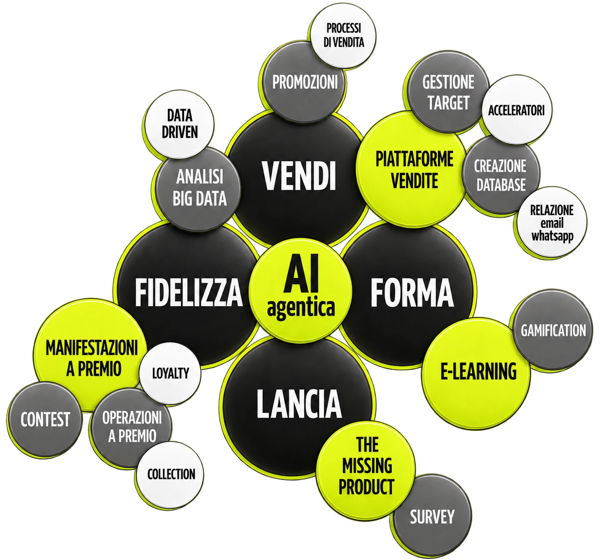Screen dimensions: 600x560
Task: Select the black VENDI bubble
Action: click(298, 179)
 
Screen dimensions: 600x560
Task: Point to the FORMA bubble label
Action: click(412, 292)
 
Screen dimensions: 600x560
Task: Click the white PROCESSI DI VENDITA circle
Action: click(344, 36)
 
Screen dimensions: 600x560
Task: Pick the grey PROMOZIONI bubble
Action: click(304, 82)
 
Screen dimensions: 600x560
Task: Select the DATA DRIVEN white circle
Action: click(179, 124)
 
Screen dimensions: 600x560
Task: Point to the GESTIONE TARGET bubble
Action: click(448, 92)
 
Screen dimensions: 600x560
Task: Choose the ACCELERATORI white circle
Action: click(516, 110)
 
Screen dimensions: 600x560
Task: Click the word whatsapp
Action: click(552, 236)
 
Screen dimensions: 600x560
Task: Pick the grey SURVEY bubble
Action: click(432, 516)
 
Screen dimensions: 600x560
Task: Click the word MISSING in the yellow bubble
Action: click(367, 466)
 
